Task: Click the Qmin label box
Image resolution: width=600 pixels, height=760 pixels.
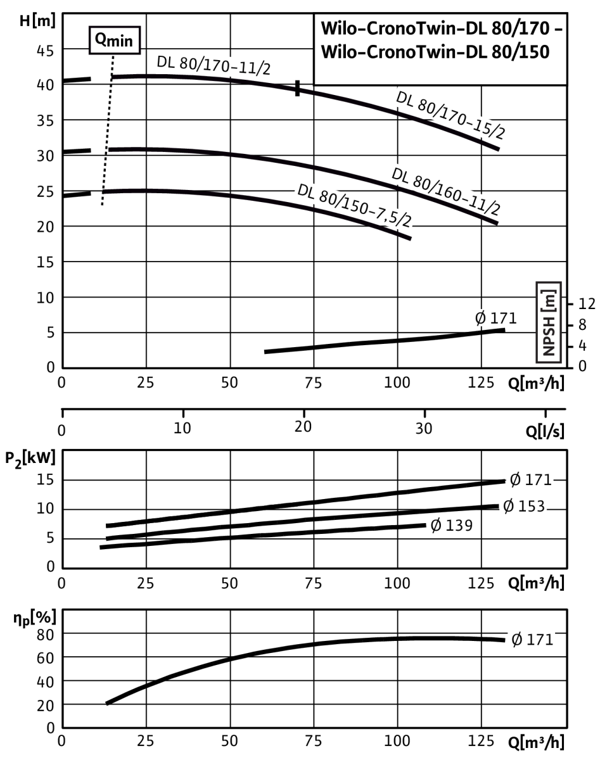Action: [x=115, y=40]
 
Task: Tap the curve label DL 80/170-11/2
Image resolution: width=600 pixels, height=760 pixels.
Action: [x=214, y=65]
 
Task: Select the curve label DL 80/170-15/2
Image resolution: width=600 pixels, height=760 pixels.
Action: [x=450, y=115]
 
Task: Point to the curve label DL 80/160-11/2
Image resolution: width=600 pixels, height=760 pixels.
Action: [x=446, y=191]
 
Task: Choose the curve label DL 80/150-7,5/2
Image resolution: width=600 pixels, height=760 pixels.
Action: [x=354, y=205]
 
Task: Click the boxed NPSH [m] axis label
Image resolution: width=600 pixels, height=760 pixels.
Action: [x=549, y=322]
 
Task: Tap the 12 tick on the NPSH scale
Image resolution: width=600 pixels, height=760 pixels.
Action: [x=587, y=304]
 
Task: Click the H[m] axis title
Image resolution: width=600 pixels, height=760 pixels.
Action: [x=37, y=21]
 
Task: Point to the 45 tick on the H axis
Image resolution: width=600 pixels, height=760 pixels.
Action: [x=45, y=51]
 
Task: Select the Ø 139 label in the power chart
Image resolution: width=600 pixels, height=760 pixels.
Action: [x=451, y=526]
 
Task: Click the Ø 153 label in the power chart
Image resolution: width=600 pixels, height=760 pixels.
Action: [x=524, y=506]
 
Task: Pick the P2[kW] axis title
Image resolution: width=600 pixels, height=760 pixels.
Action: [x=30, y=459]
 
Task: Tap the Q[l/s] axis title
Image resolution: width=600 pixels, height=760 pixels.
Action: [x=545, y=431]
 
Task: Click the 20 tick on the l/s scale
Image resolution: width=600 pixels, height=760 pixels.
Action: [x=303, y=427]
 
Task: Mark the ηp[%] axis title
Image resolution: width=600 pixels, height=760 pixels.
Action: [x=35, y=618]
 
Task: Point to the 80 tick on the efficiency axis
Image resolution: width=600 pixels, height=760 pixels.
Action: [x=45, y=635]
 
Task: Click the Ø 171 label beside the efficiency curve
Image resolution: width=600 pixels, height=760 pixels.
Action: [x=532, y=640]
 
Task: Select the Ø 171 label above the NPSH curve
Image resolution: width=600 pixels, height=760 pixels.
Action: [x=495, y=318]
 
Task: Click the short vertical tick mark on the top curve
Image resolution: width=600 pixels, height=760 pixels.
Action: [x=298, y=88]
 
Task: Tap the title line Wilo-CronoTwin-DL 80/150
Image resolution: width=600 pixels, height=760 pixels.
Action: [x=435, y=52]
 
